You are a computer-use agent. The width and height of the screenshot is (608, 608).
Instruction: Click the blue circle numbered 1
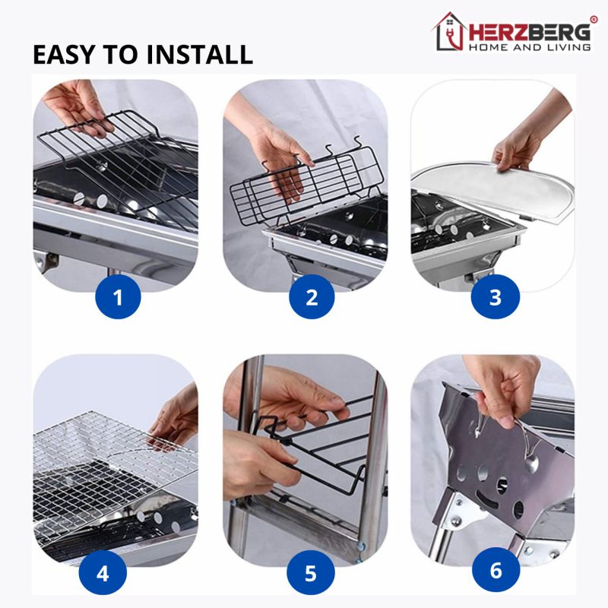118,297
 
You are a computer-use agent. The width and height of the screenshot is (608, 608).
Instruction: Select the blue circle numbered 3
495,297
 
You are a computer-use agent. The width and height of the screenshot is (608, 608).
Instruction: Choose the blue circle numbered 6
495,571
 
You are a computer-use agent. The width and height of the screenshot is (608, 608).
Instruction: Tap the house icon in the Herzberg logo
448,31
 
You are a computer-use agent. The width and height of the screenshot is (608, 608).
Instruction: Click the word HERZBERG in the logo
528,31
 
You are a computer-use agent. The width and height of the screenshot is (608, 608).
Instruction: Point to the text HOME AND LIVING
530,47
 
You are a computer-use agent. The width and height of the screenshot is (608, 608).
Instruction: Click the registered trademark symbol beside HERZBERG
594,18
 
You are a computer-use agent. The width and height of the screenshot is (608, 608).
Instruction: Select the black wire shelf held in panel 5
319,456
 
